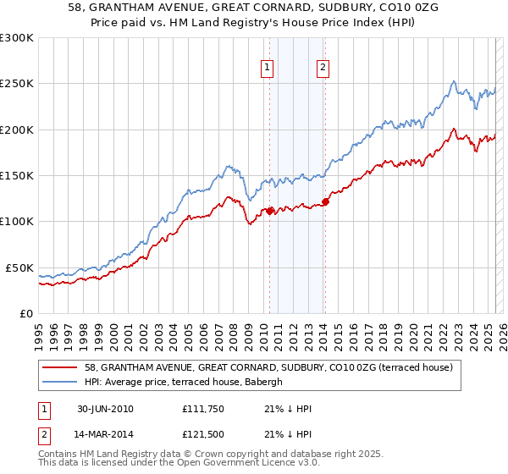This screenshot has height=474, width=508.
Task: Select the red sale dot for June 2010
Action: [x=270, y=211]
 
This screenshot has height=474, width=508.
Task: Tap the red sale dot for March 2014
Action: [x=325, y=202]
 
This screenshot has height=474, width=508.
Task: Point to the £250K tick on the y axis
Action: [x=18, y=84]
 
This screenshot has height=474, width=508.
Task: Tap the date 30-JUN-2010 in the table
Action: [x=105, y=409]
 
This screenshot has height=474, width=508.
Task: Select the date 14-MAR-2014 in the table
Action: [x=105, y=436]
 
